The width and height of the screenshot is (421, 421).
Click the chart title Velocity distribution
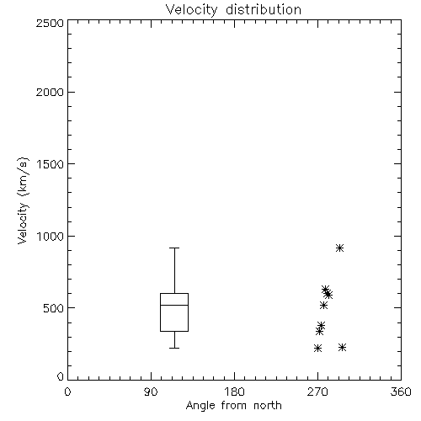pos(233,9)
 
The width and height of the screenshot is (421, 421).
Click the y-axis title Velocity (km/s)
pos(23,200)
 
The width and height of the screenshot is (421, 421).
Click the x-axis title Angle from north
pos(233,406)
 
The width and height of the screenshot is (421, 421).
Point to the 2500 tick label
pos(50,23)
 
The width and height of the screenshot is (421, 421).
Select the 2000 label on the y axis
pos(50,92)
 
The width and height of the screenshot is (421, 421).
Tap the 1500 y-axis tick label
pos(51,164)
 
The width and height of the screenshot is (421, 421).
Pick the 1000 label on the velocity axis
pos(51,236)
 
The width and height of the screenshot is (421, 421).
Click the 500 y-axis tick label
pos(54,308)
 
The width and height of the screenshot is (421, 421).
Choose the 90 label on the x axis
pos(151,392)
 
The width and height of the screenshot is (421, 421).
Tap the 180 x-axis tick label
pos(234,392)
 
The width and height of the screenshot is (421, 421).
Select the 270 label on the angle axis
pos(317,392)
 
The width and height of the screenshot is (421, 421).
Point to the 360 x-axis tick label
pos(401,392)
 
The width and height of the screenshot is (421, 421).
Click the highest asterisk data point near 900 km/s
pos(339,248)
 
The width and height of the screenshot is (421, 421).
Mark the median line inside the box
pos(174,305)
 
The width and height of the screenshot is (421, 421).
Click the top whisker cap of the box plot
pos(174,248)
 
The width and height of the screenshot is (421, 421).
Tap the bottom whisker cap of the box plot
pos(174,348)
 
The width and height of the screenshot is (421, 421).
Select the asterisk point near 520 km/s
pos(323,305)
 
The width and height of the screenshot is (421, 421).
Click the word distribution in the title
pos(264,9)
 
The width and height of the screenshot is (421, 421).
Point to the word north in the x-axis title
pos(268,406)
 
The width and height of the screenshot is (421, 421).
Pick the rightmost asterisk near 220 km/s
pos(342,347)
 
